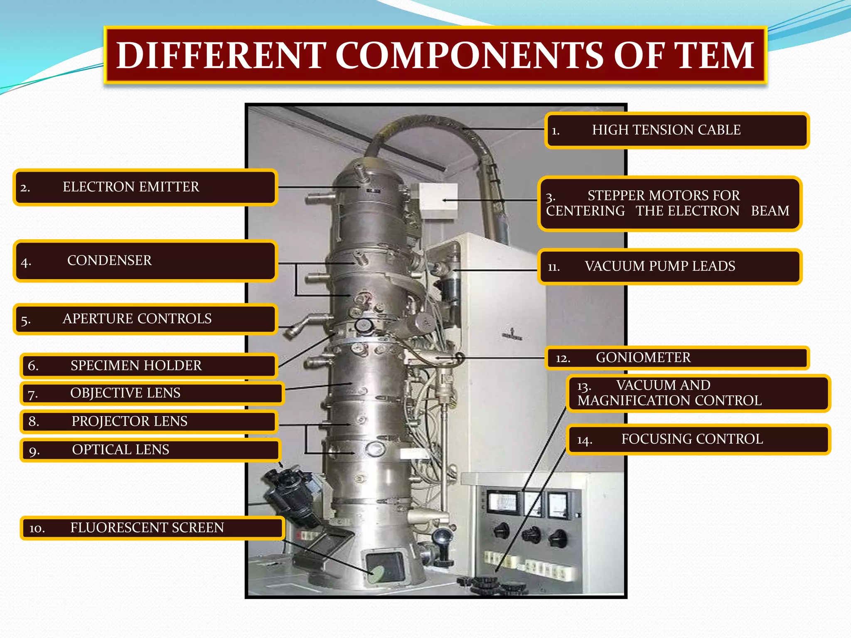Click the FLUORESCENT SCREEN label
152,528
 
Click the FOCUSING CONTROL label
698,439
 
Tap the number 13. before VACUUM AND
584,387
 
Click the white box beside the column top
439,200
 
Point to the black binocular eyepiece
291,494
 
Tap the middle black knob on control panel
531,534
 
